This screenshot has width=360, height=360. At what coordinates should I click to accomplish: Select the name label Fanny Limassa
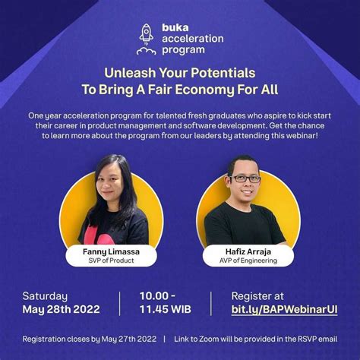[x=110, y=249]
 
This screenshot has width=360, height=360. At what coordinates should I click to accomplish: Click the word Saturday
[x=45, y=295]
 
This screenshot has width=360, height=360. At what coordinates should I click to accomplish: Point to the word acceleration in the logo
[x=192, y=39]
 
